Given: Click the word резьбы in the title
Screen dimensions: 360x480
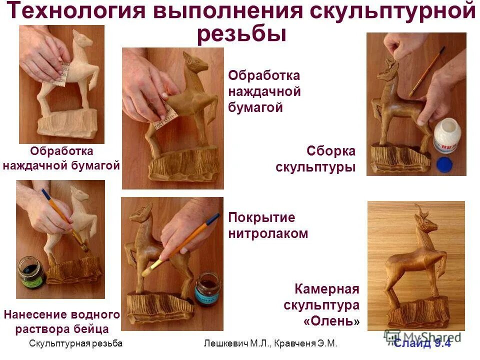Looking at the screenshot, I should tap(241, 34).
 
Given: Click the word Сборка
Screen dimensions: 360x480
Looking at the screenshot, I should tap(330, 151).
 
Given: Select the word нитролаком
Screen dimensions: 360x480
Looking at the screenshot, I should tap(268, 233).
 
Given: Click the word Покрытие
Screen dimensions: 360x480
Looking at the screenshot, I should tap(261, 217).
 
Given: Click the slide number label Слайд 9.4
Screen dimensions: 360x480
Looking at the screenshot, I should tap(422, 343).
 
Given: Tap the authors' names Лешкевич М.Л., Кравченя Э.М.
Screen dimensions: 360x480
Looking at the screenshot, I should tap(270, 343).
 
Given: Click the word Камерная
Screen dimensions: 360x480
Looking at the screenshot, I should tap(327, 289).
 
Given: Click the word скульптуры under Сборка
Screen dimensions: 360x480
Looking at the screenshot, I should tap(315, 167).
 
